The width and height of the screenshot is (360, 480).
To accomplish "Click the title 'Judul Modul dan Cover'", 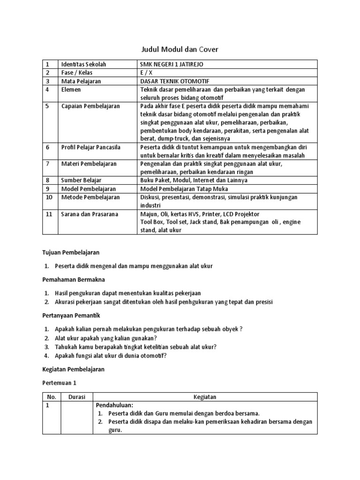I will pos(180,49).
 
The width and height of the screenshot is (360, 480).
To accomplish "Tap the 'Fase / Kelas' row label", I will pos(77,73).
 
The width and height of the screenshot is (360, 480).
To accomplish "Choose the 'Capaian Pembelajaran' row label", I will pos(90,106).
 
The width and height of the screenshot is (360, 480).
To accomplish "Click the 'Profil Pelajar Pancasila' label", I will pos(91,147).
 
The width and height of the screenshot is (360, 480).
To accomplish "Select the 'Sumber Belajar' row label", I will pos(81,180).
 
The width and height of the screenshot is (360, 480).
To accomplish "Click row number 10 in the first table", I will pos(48,197).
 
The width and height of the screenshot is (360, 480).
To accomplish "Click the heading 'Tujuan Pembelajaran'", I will pos(71,253).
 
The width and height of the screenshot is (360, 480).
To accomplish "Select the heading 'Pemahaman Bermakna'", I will pos(72,279).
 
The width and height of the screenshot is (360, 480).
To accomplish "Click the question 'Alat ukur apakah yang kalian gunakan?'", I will pos(106,338).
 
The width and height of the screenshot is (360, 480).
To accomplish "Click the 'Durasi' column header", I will pos(76,397).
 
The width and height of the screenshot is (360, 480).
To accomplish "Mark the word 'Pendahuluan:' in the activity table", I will pos(115,405).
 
